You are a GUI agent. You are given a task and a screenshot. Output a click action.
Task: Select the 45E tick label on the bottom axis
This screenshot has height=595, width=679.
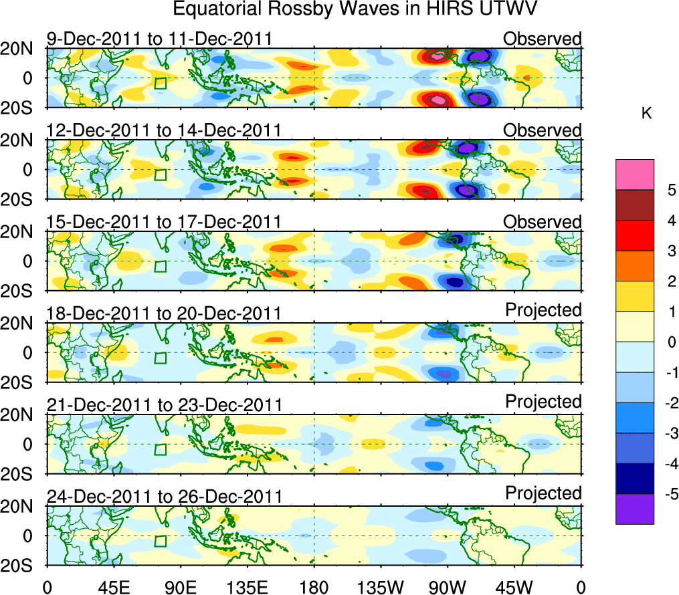coord(112,587)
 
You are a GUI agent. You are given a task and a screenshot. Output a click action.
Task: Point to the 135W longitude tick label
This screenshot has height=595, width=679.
coord(379,587)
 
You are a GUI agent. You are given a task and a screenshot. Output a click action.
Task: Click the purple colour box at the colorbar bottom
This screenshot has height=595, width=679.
coord(635,509)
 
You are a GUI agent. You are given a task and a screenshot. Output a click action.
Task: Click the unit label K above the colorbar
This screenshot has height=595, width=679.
coord(646,114)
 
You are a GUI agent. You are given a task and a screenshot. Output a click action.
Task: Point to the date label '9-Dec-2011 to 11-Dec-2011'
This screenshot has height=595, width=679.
coord(159,39)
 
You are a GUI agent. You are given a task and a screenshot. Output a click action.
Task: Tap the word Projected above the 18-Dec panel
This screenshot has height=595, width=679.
coord(543,310)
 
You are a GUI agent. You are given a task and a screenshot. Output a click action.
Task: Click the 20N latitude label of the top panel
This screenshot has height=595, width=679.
coord(22,49)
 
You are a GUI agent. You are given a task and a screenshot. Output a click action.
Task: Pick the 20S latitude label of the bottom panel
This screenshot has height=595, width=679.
coord(22,566)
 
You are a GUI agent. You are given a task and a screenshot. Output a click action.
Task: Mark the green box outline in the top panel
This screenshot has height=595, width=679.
coord(160,84)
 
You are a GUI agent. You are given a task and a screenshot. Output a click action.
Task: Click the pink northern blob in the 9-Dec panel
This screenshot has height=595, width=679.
coord(436,56)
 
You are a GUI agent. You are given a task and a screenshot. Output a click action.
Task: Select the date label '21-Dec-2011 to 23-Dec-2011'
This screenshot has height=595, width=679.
coord(164,405)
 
